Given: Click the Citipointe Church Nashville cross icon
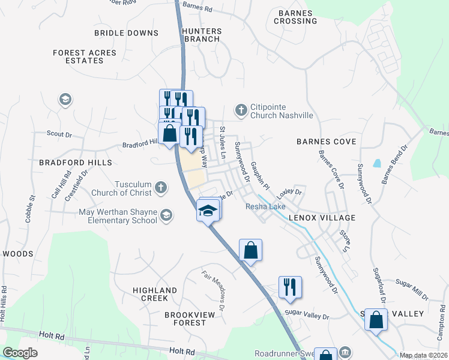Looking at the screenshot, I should click(241, 110).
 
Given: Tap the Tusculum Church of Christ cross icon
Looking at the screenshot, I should click(160, 188).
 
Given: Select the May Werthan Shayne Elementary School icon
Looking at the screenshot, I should click(166, 215).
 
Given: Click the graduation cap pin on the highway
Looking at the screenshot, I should click(207, 211).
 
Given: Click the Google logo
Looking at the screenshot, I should click(20, 353).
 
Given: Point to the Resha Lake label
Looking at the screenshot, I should click(266, 206).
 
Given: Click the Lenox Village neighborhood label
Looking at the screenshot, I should click(321, 218).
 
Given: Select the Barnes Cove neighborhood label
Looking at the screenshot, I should click(327, 142).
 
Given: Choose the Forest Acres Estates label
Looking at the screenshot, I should click(84, 56).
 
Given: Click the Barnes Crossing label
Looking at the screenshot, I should click(295, 17).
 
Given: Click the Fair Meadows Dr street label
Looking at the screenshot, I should click(214, 291).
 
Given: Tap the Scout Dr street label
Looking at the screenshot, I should click(59, 133).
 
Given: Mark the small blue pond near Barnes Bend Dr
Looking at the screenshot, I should click(376, 163).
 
